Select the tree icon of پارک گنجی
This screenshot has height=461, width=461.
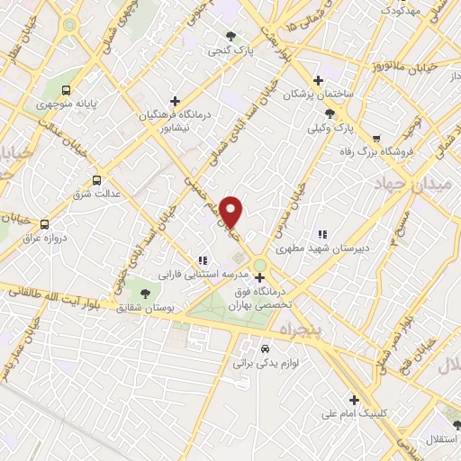(232, 36)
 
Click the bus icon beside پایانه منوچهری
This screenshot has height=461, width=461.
(67, 90)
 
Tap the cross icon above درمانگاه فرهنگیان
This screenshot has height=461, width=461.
(175, 101)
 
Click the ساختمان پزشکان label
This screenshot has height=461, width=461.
(320, 94)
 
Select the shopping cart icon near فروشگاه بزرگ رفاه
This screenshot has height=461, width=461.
(375, 139)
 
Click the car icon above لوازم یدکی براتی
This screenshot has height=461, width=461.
(264, 348)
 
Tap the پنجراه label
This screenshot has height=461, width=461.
(329, 331)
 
